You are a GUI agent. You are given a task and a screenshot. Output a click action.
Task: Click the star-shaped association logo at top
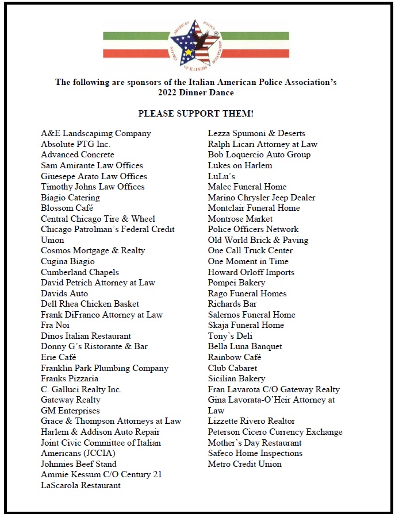(194, 44)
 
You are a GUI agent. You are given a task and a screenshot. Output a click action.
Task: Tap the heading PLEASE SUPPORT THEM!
(195, 114)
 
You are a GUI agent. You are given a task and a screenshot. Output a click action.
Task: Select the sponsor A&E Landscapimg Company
(95, 133)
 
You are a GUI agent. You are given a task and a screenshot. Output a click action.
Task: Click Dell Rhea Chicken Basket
(90, 304)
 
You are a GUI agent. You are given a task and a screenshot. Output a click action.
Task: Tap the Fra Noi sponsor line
(55, 325)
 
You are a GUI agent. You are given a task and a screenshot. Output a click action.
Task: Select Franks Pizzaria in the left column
(70, 378)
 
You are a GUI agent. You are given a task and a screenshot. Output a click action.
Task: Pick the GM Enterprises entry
(70, 411)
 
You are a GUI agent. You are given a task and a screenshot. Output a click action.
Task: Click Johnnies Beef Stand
(78, 464)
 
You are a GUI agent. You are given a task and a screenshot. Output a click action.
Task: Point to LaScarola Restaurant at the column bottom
(80, 485)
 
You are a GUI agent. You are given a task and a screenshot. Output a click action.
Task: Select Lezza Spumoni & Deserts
(256, 133)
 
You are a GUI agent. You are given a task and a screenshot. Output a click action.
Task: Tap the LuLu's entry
(221, 176)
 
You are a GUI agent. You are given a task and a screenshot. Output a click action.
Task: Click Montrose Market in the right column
(240, 219)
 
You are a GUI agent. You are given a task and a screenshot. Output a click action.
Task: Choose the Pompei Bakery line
(236, 283)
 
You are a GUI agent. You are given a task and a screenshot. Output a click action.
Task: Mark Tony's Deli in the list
(230, 336)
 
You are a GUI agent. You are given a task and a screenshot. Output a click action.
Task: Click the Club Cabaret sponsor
(232, 368)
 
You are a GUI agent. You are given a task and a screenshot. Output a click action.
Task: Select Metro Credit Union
(244, 464)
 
